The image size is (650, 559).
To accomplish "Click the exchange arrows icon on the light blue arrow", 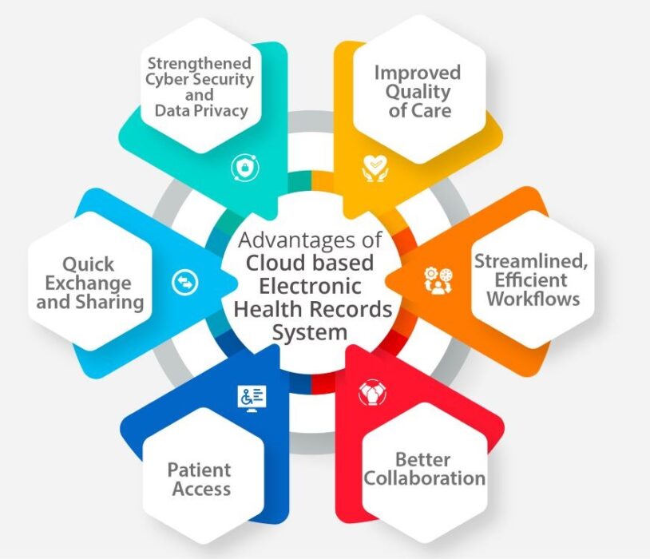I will pyautogui.click(x=184, y=282).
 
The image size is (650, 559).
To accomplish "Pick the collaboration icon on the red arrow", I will pyautogui.click(x=371, y=391).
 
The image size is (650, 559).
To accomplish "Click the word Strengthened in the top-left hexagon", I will pyautogui.click(x=197, y=62).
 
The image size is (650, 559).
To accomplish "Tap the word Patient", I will pyautogui.click(x=199, y=470).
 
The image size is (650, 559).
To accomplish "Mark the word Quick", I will pyautogui.click(x=89, y=264).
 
